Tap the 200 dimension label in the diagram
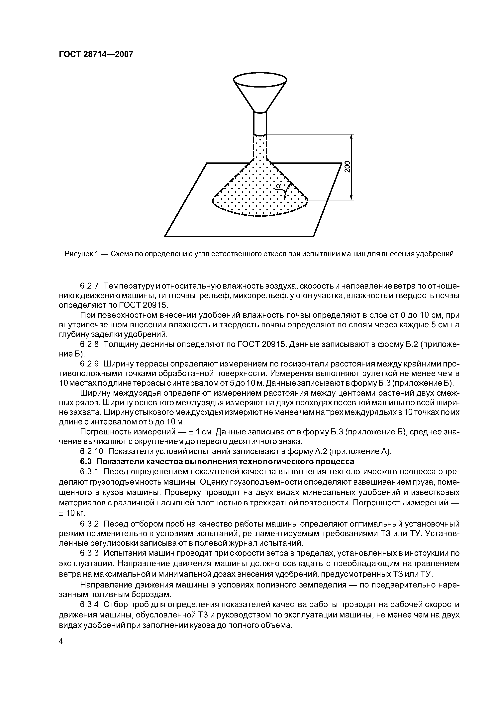tap(347, 167)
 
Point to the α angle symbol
tap(278, 186)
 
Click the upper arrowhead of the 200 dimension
tap(351, 137)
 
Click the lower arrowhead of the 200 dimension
tap(351, 197)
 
